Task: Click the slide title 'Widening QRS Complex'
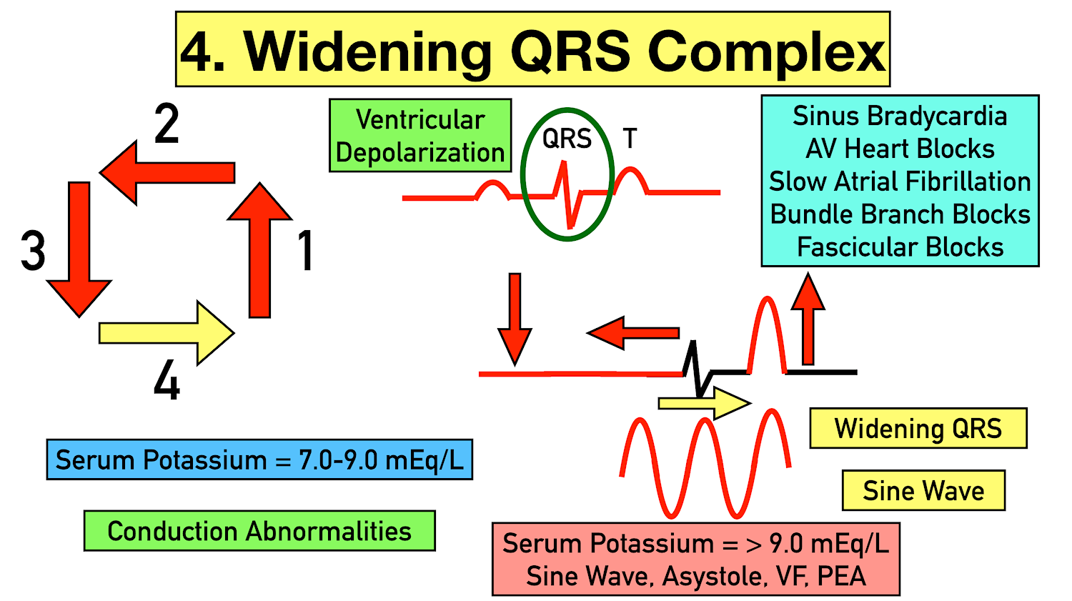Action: coord(532,50)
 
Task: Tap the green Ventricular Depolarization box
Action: coord(420,136)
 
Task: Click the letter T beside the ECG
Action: coord(630,139)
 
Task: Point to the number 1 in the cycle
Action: coord(305,251)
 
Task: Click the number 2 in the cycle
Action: coord(167,124)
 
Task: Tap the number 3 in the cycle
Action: coord(33,252)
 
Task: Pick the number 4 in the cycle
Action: coord(167,380)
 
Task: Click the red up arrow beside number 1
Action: coord(259,250)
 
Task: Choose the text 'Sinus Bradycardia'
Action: coord(900,116)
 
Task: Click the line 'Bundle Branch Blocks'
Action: coord(900,214)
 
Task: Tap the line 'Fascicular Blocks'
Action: coord(900,247)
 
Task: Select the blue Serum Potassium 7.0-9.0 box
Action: coord(259,460)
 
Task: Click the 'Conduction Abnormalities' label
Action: coord(259,531)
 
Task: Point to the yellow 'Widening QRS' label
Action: coord(918,429)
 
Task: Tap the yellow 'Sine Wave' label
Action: coord(923,491)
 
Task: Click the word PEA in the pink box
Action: coord(842,577)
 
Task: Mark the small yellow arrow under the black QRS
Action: coord(704,404)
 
